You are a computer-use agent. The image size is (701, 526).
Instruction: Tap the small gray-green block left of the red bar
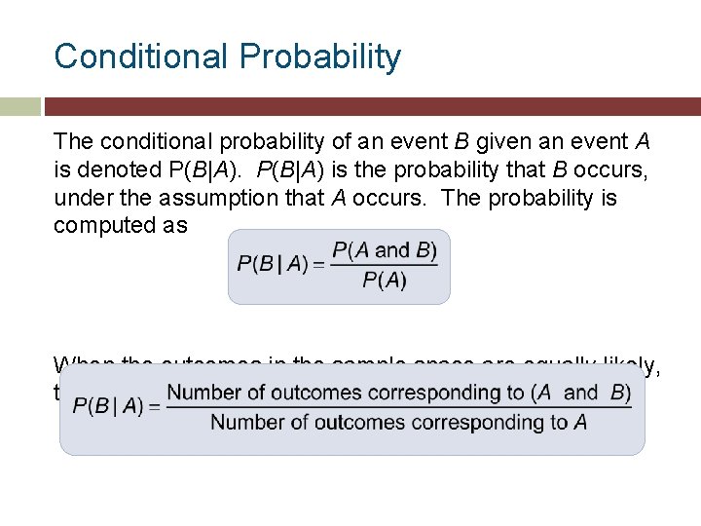click(19, 106)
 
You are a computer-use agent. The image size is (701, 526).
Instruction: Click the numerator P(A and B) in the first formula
click(385, 250)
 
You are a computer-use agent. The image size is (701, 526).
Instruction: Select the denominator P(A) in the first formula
click(385, 282)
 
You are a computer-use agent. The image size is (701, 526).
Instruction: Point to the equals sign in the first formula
click(317, 266)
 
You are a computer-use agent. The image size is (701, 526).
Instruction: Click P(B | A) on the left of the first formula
click(272, 266)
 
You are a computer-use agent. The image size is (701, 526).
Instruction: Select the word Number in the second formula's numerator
click(202, 393)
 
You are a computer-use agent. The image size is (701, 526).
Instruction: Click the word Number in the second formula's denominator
click(245, 423)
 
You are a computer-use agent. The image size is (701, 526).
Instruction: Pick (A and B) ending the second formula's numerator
click(580, 393)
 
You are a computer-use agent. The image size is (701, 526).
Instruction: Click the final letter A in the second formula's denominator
click(580, 423)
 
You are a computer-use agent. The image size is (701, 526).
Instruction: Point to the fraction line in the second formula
click(399, 408)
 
